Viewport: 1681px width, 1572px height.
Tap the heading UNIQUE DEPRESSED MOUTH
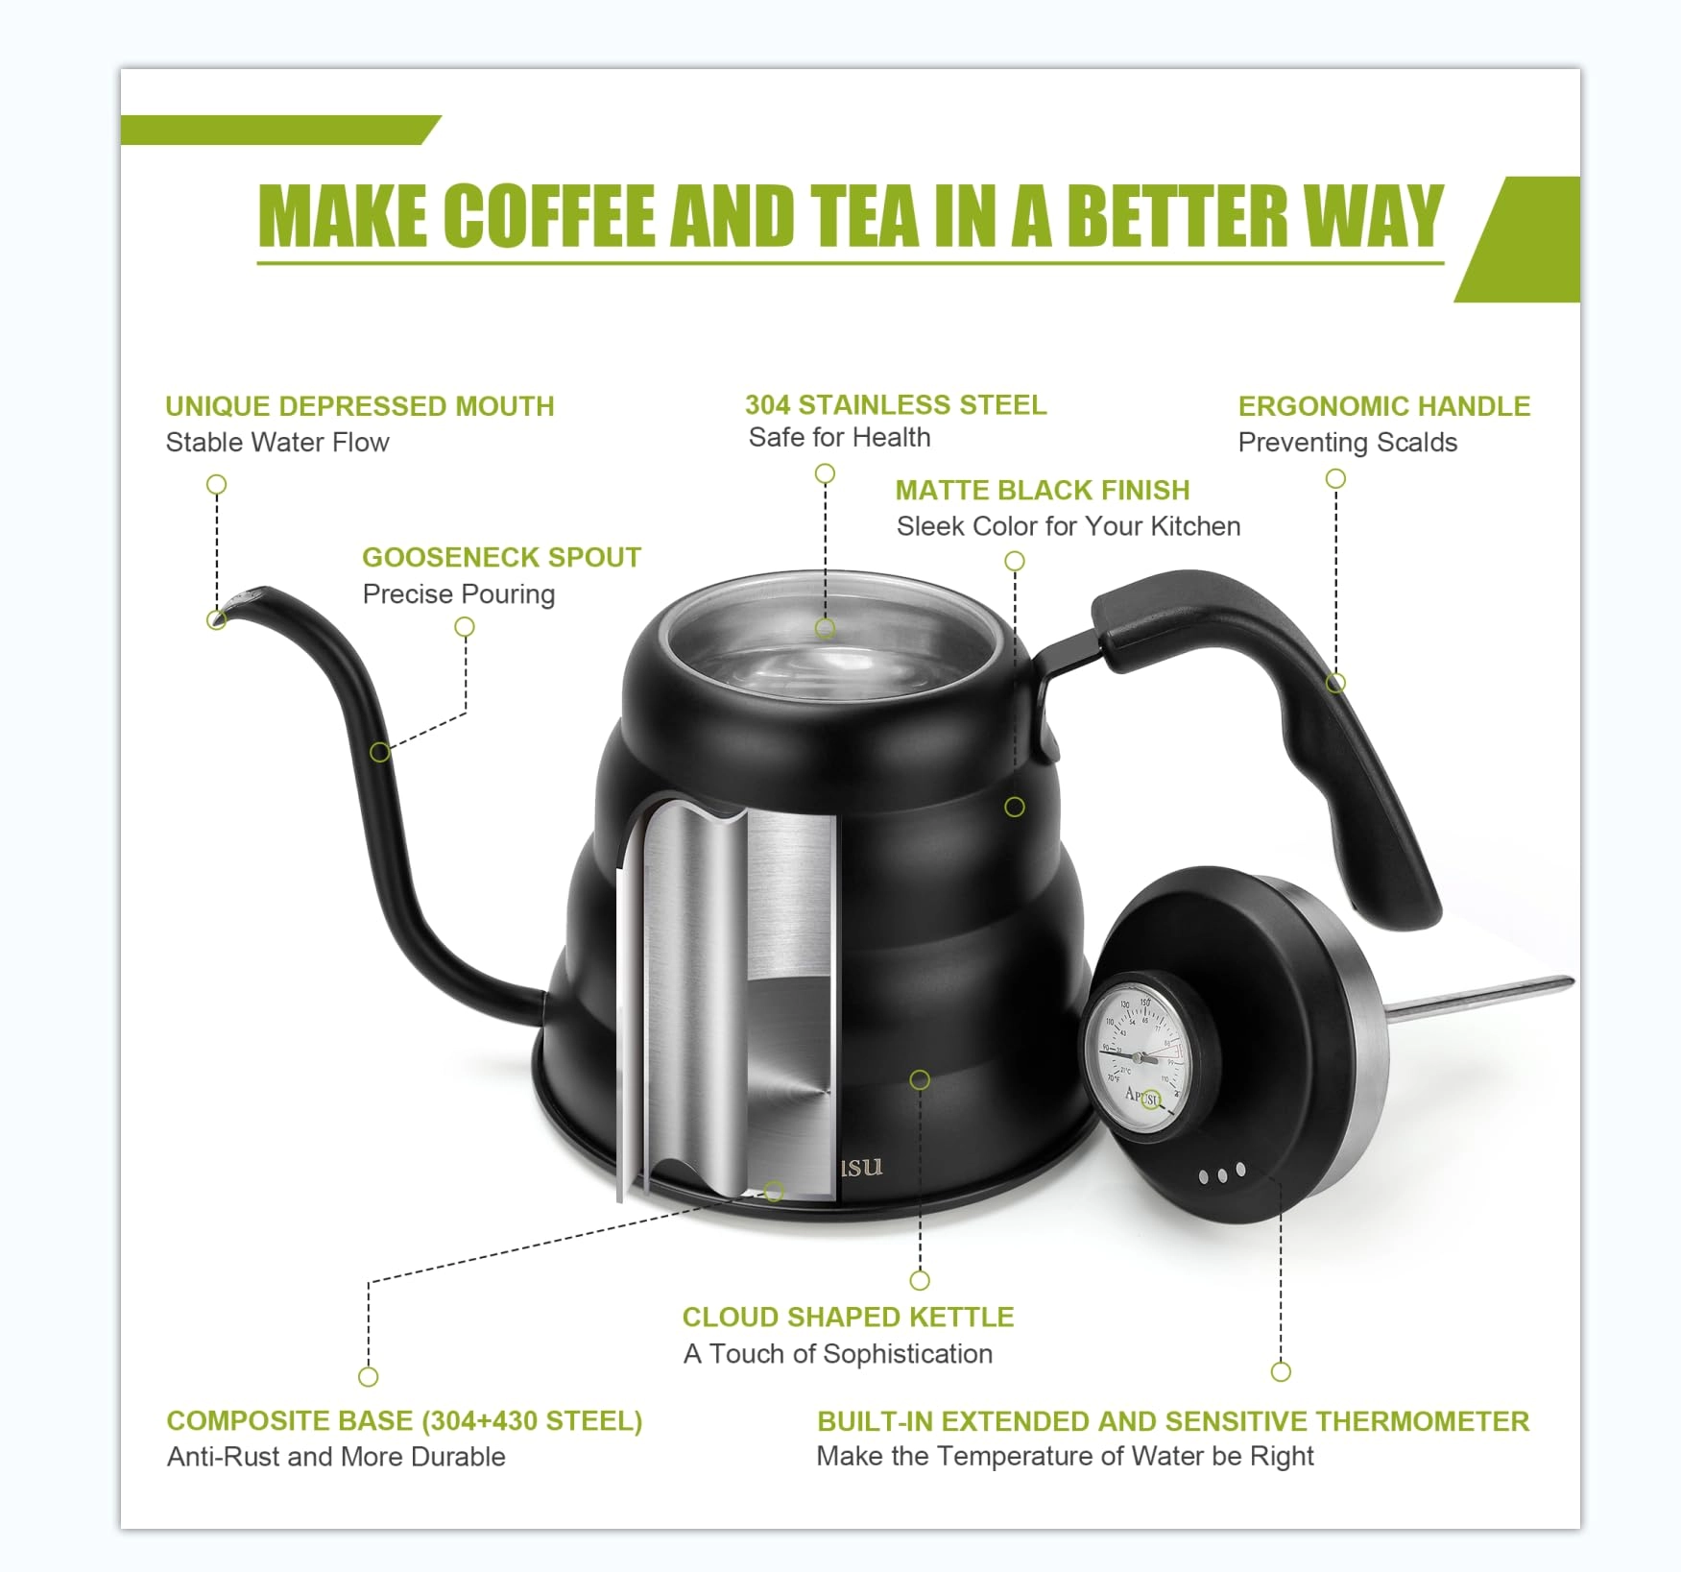point(359,406)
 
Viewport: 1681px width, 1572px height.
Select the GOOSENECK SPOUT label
point(501,557)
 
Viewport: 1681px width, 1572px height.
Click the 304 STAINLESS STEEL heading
point(896,404)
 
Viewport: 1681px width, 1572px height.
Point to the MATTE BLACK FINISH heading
point(1042,490)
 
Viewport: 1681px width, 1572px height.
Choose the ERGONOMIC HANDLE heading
point(1383,406)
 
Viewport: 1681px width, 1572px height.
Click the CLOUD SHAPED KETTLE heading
point(848,1317)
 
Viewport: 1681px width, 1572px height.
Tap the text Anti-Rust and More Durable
point(336,1457)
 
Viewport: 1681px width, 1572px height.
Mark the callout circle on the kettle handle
point(1335,683)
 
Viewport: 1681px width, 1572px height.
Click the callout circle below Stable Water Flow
point(217,484)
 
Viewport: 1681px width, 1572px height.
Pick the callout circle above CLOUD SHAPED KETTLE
point(920,1280)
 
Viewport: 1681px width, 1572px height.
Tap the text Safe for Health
point(839,438)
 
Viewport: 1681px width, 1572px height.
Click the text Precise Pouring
point(459,594)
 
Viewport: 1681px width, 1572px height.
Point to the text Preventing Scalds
point(1347,443)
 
